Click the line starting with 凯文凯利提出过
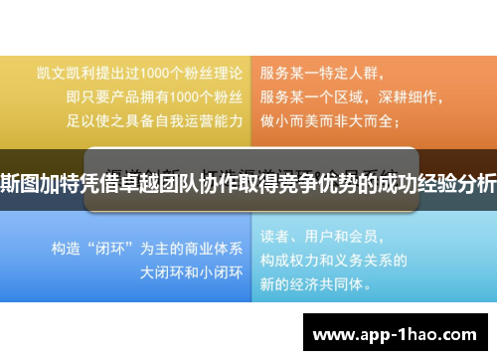(x=139, y=73)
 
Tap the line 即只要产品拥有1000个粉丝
(x=154, y=96)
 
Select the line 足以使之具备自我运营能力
(x=154, y=120)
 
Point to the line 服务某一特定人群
(x=321, y=73)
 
